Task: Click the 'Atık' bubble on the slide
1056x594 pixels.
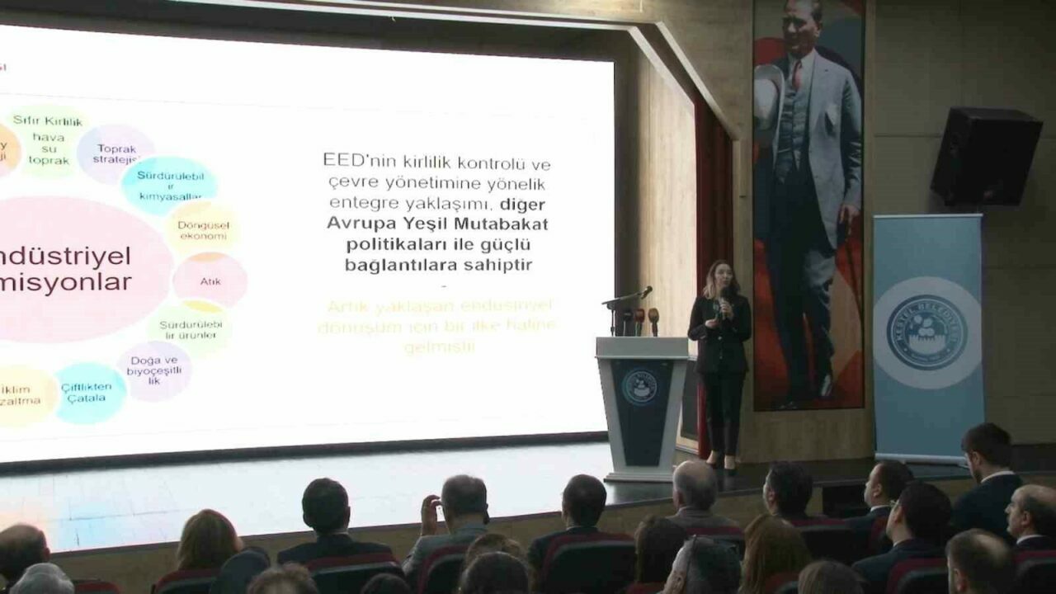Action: click(x=210, y=280)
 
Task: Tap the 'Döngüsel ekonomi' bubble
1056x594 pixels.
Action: click(x=203, y=229)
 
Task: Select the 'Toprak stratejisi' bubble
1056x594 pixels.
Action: click(x=116, y=153)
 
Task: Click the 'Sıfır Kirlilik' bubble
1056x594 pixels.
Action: click(x=49, y=141)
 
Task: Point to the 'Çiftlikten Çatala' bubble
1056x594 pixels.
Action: click(x=89, y=393)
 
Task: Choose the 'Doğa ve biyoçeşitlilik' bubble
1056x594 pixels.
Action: click(x=153, y=370)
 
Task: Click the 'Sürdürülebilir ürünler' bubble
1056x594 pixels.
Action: click(x=190, y=328)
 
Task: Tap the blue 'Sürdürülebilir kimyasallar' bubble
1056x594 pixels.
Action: click(x=168, y=185)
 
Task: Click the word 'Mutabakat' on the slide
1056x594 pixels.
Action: click(x=507, y=223)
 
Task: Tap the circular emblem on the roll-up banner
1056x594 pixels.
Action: click(x=927, y=333)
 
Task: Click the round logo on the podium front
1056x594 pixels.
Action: click(x=639, y=385)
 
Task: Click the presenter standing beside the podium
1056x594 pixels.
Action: click(x=720, y=355)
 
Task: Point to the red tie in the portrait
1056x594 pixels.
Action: click(x=797, y=73)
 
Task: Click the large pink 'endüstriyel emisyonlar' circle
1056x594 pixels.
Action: click(x=78, y=269)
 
